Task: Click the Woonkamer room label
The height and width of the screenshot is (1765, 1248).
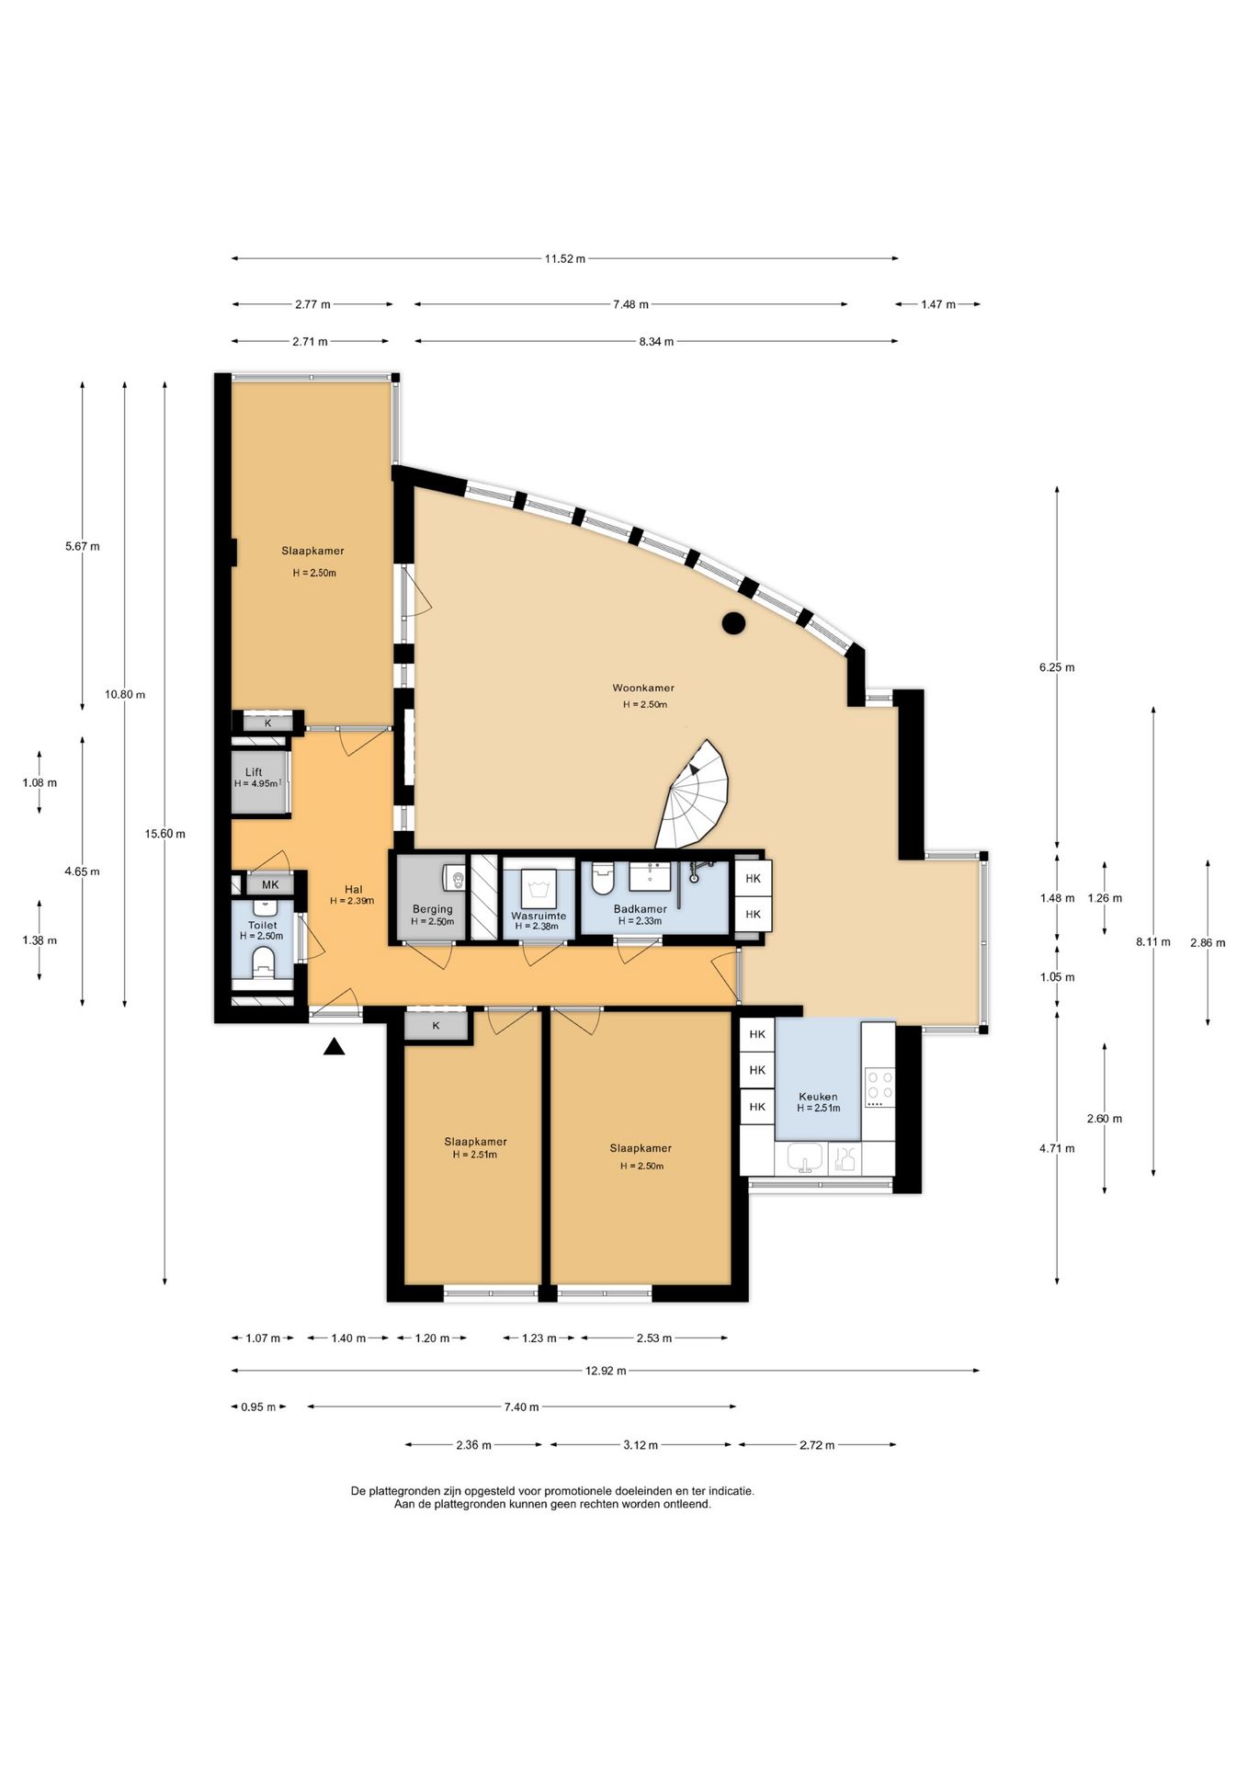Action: [643, 688]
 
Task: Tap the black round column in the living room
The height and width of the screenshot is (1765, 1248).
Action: [732, 623]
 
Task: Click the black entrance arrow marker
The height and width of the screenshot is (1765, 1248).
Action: [334, 1046]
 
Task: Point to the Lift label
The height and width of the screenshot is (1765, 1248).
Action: [254, 772]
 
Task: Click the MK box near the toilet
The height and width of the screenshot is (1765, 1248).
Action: [270, 885]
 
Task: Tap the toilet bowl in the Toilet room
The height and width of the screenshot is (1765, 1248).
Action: [263, 962]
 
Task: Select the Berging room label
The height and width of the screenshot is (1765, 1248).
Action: [432, 909]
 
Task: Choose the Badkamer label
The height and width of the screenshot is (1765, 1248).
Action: [641, 909]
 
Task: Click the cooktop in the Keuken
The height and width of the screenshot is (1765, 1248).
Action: [879, 1088]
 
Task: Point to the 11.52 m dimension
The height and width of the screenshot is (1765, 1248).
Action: [564, 259]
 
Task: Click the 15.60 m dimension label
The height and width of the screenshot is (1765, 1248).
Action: [165, 834]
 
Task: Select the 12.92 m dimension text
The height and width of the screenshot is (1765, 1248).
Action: [606, 1371]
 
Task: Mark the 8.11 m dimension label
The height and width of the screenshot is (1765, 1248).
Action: [1153, 941]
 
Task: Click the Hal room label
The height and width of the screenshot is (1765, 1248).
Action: [353, 890]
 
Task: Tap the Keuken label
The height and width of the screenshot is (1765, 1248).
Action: [818, 1097]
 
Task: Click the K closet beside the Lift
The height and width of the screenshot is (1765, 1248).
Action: [268, 723]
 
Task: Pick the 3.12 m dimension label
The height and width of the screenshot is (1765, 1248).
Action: [641, 1445]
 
